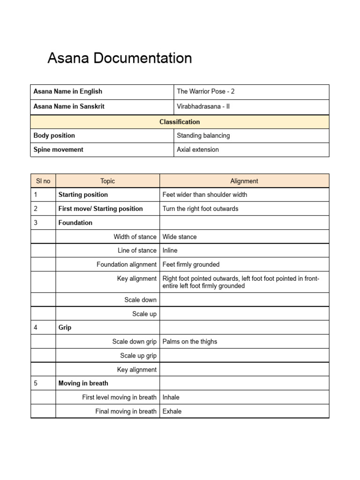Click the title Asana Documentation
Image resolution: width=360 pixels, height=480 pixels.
[120, 59]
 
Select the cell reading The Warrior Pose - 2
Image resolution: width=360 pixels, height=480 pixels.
[205, 91]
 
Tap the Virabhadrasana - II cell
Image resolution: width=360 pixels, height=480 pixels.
[203, 106]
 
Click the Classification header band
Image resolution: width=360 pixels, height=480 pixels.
[180, 122]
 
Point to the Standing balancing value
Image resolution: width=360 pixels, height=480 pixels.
[203, 135]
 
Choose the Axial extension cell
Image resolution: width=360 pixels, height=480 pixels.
[197, 150]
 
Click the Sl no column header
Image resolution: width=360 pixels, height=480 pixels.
[43, 181]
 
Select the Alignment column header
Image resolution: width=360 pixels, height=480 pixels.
[244, 181]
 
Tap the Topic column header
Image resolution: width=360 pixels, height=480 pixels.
[107, 181]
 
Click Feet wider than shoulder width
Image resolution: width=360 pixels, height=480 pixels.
[204, 195]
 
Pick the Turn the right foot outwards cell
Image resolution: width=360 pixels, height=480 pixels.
[200, 209]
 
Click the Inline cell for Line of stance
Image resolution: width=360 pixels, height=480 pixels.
[170, 250]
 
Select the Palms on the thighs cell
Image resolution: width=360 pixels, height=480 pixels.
[190, 341]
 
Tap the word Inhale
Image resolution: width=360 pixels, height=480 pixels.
[171, 397]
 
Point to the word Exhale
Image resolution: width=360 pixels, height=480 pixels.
[172, 411]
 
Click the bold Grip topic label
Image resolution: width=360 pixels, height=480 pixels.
[65, 327]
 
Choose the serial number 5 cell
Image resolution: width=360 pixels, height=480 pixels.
[36, 383]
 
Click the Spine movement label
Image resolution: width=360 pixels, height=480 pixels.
[58, 150]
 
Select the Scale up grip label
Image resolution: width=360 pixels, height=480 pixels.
[138, 355]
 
